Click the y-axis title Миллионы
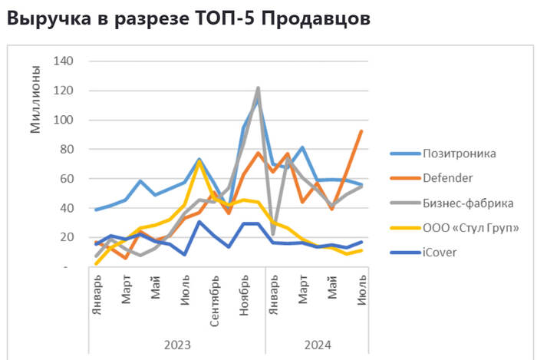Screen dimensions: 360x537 coord(35,99)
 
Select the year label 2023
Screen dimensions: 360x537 coord(177,345)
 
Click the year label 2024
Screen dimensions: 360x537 coord(317,345)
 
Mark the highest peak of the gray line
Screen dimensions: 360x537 coord(258,88)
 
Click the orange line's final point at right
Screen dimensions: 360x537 coord(361,131)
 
